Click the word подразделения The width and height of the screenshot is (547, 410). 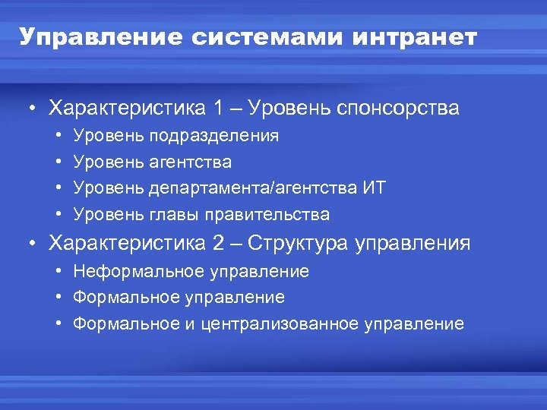[214, 136]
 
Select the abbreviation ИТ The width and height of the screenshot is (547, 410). [374, 188]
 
